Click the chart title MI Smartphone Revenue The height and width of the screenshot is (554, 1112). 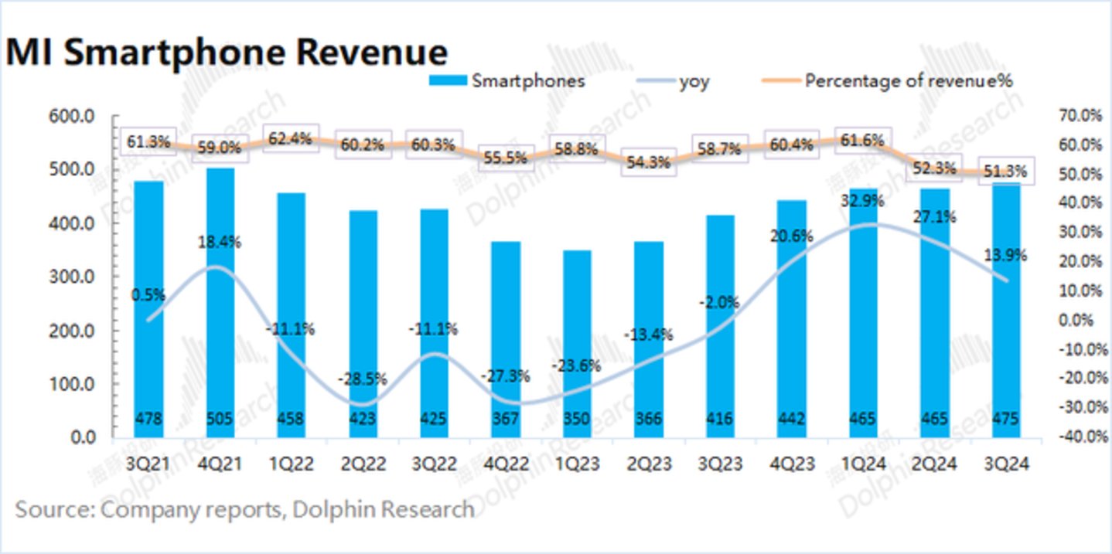pyautogui.click(x=226, y=53)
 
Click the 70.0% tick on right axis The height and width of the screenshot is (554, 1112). pyautogui.click(x=1079, y=116)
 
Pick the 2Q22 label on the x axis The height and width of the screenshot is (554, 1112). pyautogui.click(x=363, y=464)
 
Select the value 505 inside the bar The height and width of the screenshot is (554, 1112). pyautogui.click(x=220, y=420)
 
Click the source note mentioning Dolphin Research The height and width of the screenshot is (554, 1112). pyautogui.click(x=244, y=510)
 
